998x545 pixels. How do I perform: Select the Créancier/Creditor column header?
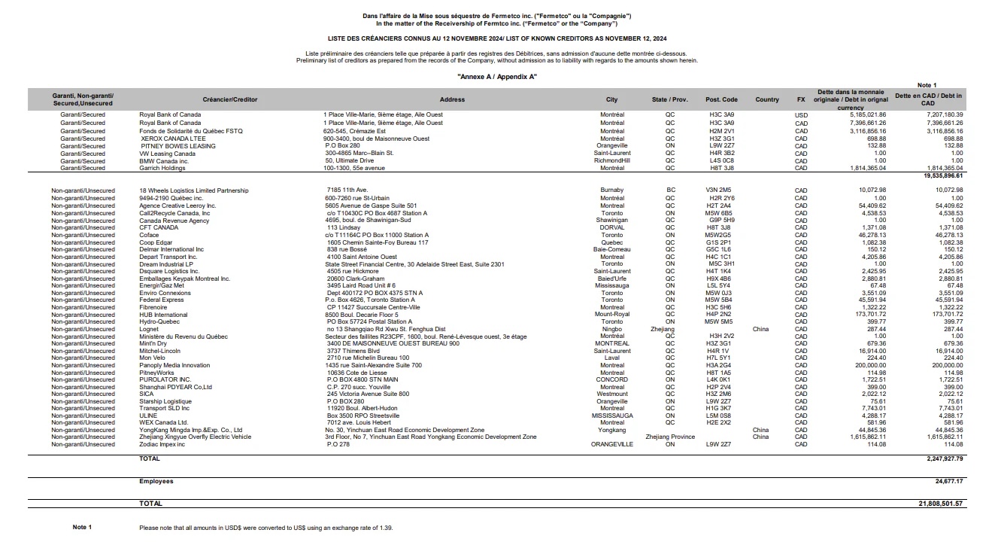[x=229, y=99]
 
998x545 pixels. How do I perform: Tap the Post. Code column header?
[x=720, y=99]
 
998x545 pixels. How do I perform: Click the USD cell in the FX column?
[x=801, y=114]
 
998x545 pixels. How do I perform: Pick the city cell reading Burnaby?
[x=612, y=190]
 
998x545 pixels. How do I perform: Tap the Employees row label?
[x=156, y=481]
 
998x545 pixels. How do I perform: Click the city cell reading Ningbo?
[x=612, y=329]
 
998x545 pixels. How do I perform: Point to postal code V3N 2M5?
[x=719, y=190]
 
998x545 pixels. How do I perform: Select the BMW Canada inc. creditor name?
[x=162, y=161]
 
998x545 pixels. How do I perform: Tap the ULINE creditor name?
[x=148, y=415]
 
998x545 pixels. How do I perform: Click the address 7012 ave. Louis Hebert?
[x=358, y=422]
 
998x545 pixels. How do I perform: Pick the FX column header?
[x=801, y=99]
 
